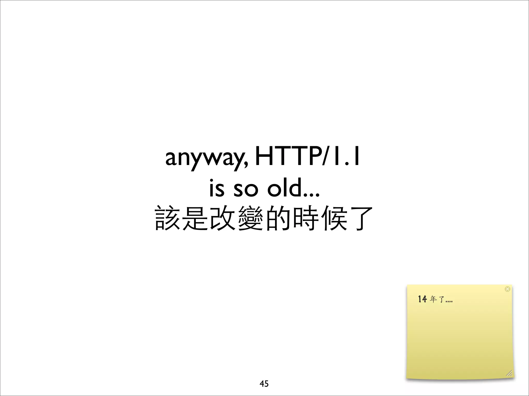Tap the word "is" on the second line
tap(216, 188)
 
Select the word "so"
tap(246, 189)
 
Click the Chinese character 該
tap(167, 218)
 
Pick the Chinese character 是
tap(195, 218)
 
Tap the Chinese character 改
tap(223, 218)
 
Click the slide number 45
tap(264, 384)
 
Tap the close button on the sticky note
tap(507, 289)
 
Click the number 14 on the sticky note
tap(422, 299)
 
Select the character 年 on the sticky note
tap(433, 299)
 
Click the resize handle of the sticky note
tap(509, 373)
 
